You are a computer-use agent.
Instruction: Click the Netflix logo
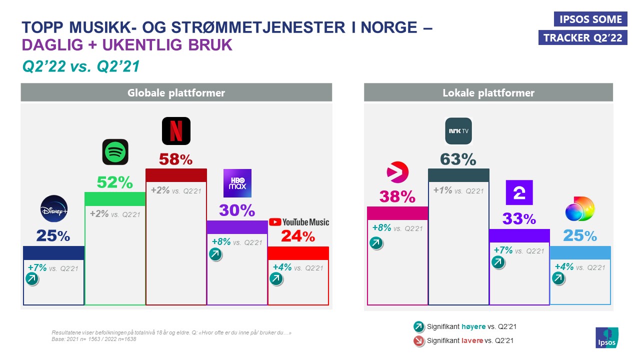176,131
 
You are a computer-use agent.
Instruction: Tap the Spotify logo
115,152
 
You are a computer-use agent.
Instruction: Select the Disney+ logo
53,208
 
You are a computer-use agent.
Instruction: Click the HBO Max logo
237,183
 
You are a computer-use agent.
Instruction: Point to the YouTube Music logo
299,222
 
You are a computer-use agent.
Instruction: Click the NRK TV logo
458,131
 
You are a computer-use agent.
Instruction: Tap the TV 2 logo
519,192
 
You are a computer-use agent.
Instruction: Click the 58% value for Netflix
175,159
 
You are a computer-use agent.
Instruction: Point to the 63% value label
458,159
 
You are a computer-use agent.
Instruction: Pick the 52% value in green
115,183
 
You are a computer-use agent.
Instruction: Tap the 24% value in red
298,236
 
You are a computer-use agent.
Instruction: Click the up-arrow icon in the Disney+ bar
31,279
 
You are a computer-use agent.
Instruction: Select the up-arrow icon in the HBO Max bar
215,254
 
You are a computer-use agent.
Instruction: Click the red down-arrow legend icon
418,341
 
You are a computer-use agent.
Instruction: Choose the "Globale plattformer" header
176,93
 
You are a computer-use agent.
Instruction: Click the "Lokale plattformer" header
488,93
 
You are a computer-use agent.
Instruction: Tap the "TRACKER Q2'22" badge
582,38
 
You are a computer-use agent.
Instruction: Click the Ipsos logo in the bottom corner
606,338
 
